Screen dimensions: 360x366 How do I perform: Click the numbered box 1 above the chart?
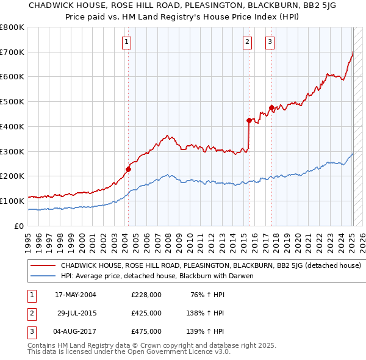tap(126, 42)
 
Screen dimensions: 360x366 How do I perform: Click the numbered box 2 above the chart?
tap(247, 42)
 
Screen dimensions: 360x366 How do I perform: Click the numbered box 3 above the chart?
tap(269, 42)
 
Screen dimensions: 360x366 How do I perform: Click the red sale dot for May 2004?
tap(129, 169)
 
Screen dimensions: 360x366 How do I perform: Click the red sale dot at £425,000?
tap(249, 120)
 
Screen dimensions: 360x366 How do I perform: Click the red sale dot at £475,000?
tap(271, 108)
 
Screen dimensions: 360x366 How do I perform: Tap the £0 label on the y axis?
tap(18, 226)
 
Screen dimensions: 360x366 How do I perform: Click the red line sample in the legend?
tap(43, 266)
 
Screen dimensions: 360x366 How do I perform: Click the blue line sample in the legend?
tap(43, 276)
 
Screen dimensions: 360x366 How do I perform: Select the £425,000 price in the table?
tap(146, 313)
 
